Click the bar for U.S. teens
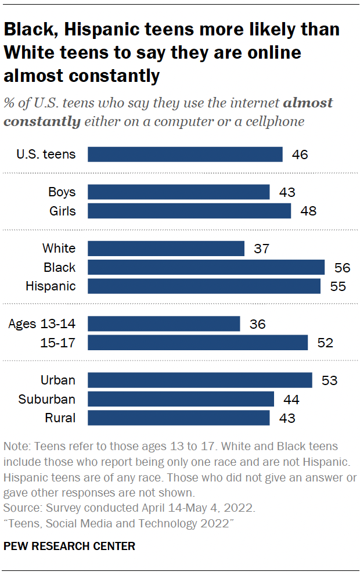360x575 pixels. (185, 154)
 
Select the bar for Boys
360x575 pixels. (178, 192)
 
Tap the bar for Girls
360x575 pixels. (189, 211)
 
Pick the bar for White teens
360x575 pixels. (165, 249)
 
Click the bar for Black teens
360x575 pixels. (206, 267)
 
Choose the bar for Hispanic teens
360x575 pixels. (204, 286)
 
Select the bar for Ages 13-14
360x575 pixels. (163, 324)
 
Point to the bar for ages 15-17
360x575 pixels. (197, 343)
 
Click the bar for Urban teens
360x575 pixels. (200, 380)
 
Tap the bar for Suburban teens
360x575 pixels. (181, 399)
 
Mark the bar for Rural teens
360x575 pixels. (178, 418)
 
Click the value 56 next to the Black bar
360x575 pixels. (343, 267)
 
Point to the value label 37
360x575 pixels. (262, 249)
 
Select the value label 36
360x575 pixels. (257, 324)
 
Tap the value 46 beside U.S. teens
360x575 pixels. (300, 154)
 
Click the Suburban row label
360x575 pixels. (47, 399)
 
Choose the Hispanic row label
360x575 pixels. (51, 286)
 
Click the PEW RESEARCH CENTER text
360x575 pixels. (69, 546)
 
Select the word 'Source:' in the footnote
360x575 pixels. (22, 508)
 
